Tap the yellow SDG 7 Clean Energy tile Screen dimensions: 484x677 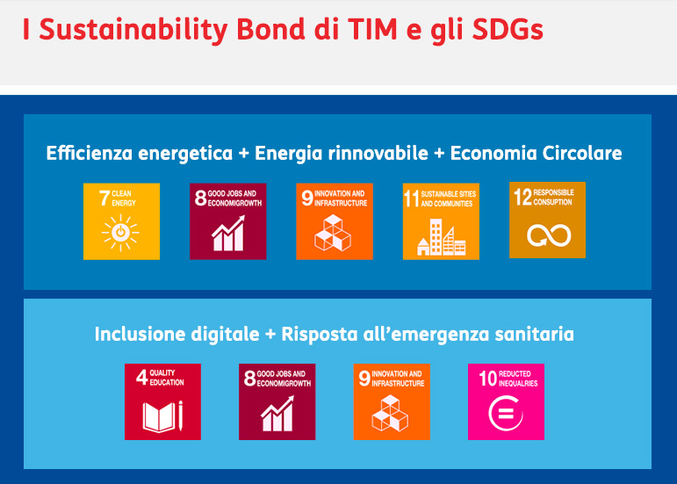pyautogui.click(x=122, y=221)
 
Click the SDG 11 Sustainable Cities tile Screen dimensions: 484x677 pyautogui.click(x=441, y=221)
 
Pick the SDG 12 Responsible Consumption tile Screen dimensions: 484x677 pyautogui.click(x=547, y=220)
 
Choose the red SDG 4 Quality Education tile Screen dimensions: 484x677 pyautogui.click(x=162, y=401)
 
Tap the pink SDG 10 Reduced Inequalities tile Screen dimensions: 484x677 pyautogui.click(x=506, y=401)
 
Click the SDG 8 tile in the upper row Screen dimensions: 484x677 pyautogui.click(x=228, y=221)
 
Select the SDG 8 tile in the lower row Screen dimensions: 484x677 pyautogui.click(x=277, y=401)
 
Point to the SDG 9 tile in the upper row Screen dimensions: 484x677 pyautogui.click(x=335, y=221)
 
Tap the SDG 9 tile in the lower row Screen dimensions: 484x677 pyautogui.click(x=392, y=401)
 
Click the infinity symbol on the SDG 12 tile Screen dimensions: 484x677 pyautogui.click(x=549, y=235)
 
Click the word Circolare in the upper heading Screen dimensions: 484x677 pyautogui.click(x=580, y=153)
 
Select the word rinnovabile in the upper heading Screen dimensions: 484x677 pyautogui.click(x=378, y=153)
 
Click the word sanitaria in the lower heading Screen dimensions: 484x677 pyautogui.click(x=536, y=334)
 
